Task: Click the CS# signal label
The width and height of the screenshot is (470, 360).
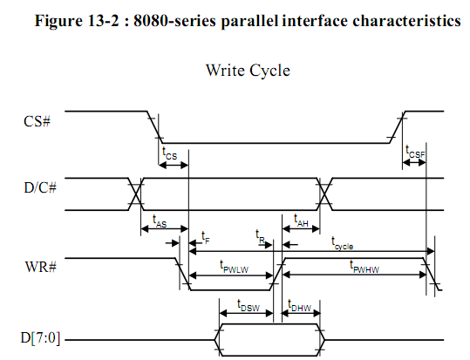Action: pyautogui.click(x=37, y=121)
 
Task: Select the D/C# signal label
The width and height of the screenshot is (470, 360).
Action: pyautogui.click(x=40, y=188)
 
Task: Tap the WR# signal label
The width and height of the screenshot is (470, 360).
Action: pyautogui.click(x=40, y=267)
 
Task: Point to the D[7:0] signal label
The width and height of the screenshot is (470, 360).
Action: pyautogui.click(x=40, y=338)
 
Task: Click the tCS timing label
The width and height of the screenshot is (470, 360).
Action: pyautogui.click(x=170, y=153)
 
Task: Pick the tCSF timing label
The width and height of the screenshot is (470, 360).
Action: pyautogui.click(x=415, y=152)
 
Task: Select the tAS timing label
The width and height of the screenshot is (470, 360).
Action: pyautogui.click(x=160, y=221)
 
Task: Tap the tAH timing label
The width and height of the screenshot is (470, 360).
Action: pyautogui.click(x=301, y=221)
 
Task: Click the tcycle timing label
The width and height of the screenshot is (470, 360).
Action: pyautogui.click(x=342, y=243)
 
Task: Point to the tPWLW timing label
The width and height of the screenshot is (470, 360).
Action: pyautogui.click(x=234, y=267)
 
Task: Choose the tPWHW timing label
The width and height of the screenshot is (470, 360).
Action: pyautogui.click(x=364, y=267)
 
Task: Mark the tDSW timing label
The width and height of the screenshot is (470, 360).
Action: pyautogui.click(x=249, y=306)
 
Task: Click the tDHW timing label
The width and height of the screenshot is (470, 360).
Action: pyautogui.click(x=299, y=305)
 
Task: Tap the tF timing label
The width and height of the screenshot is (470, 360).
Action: pyautogui.click(x=205, y=237)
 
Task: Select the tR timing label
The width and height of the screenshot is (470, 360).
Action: pyautogui.click(x=260, y=236)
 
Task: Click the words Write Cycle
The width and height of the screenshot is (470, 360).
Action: pyautogui.click(x=248, y=71)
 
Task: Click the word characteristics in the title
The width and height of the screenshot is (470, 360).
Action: pyautogui.click(x=406, y=21)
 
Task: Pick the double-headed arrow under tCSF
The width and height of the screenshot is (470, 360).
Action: pyautogui.click(x=414, y=163)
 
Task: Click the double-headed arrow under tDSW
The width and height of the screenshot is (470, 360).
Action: pyautogui.click(x=247, y=314)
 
